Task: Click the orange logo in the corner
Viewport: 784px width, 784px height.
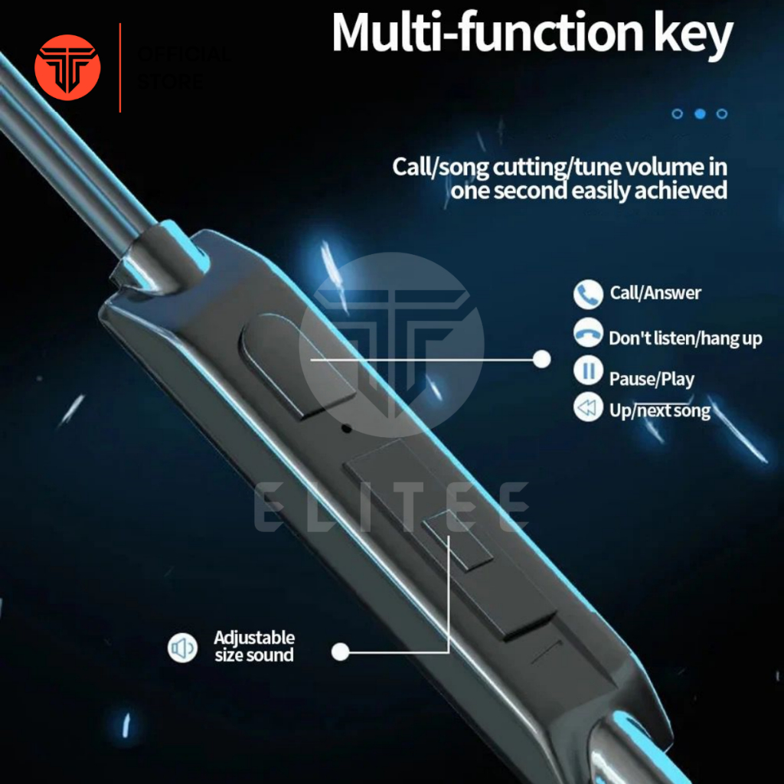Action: [x=67, y=67]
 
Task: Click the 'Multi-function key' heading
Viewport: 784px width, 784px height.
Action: [x=531, y=34]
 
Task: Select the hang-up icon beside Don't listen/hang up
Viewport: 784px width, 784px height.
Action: [x=587, y=334]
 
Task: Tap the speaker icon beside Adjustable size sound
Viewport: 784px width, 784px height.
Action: [x=182, y=648]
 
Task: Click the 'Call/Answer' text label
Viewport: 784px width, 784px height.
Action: [x=655, y=292]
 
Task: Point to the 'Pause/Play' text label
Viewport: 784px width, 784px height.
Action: [x=652, y=379]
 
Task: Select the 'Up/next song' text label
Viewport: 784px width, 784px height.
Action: [x=660, y=410]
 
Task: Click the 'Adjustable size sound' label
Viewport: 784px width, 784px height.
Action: [x=254, y=646]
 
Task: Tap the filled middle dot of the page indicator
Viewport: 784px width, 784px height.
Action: [x=699, y=114]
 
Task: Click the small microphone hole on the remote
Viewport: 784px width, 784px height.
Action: [x=346, y=428]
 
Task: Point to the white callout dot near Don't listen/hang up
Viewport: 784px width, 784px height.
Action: [x=542, y=358]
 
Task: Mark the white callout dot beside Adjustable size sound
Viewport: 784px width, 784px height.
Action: [x=341, y=652]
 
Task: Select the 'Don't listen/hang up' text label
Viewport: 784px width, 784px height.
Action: [x=685, y=338]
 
